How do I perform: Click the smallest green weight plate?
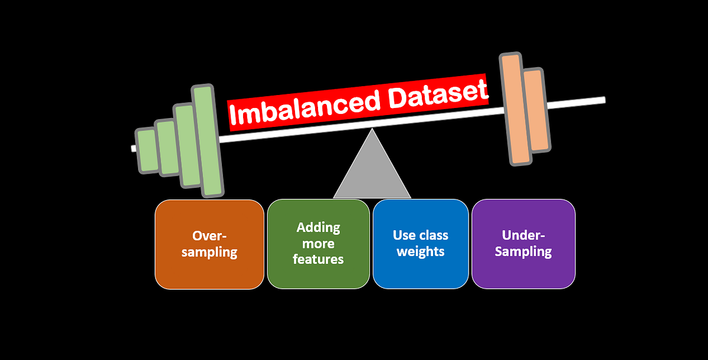point(147,151)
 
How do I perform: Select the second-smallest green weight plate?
point(168,148)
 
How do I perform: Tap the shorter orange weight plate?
point(536,110)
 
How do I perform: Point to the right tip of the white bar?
point(602,100)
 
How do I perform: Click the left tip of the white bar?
point(133,148)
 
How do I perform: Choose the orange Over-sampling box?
point(209,244)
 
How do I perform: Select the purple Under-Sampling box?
point(523,244)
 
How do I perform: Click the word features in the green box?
point(318,259)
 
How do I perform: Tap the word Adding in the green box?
point(319,228)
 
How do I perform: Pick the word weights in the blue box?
point(420,251)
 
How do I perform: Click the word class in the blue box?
point(432,235)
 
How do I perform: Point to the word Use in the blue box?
point(404,235)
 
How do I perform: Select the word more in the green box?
point(319,243)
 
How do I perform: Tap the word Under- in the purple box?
point(523,235)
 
